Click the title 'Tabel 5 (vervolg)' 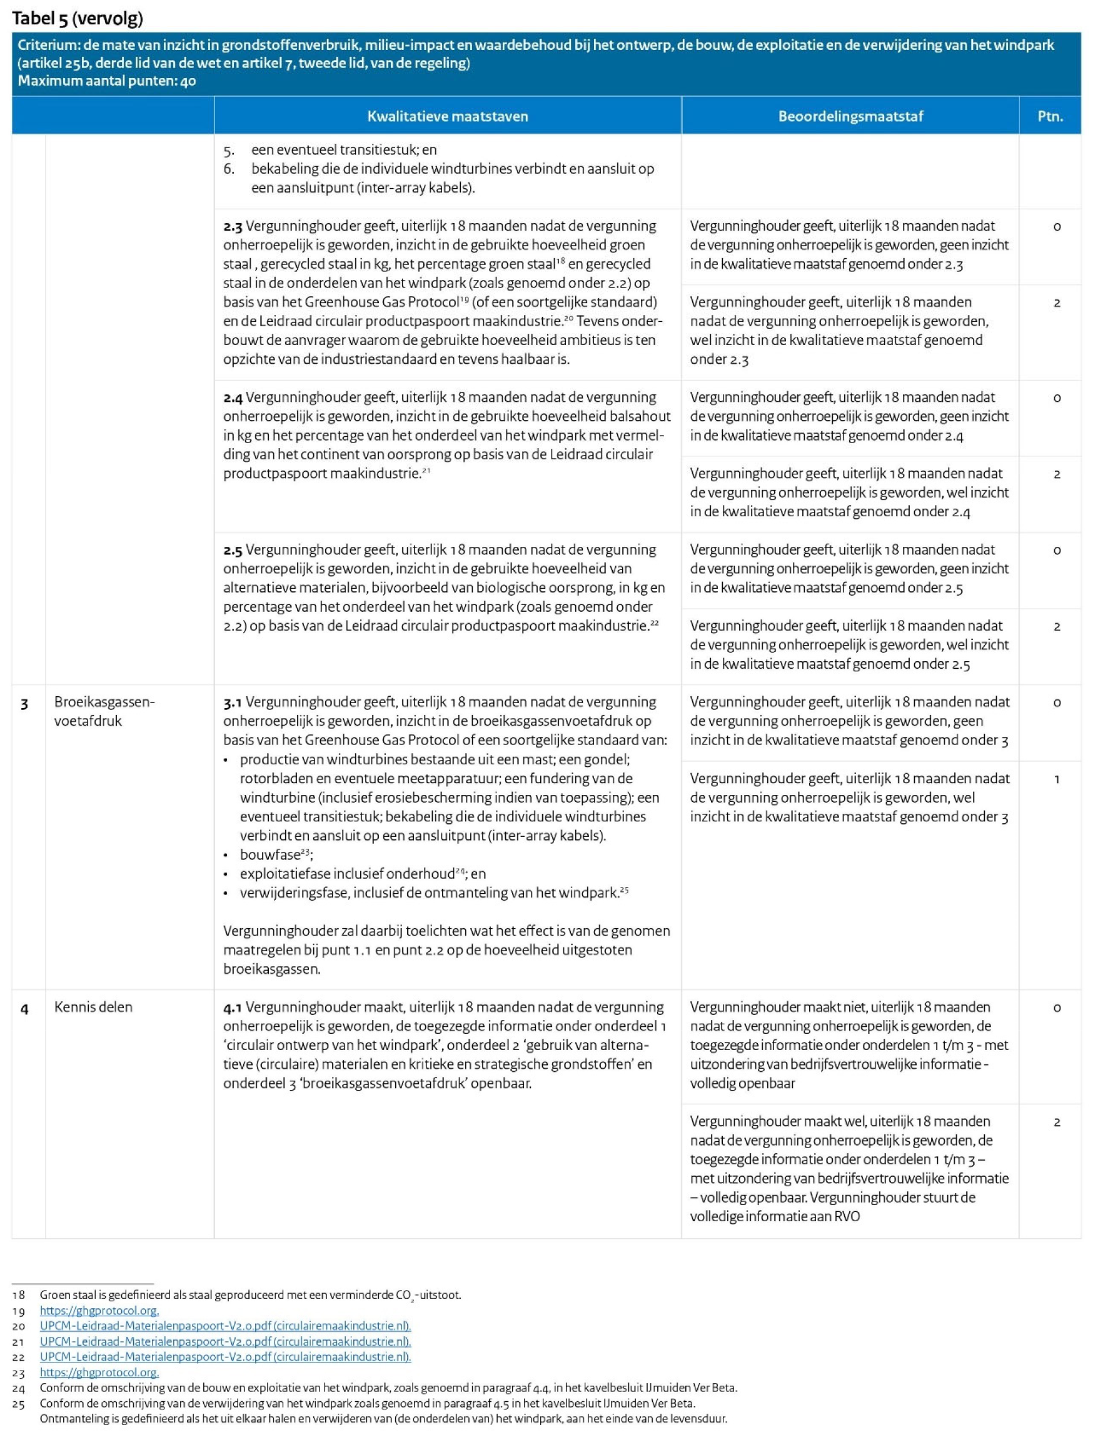(x=78, y=18)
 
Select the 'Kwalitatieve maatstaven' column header (x=448, y=116)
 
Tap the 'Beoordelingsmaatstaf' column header (x=850, y=116)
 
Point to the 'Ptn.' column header (x=1050, y=116)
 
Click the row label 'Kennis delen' (x=93, y=1007)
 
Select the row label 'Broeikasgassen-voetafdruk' (x=104, y=711)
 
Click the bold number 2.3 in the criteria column (x=232, y=226)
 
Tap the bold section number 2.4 (x=232, y=397)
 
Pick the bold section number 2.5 (x=232, y=550)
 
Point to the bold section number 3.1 (x=232, y=702)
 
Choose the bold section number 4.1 (x=232, y=1007)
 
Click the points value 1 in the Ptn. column (x=1057, y=779)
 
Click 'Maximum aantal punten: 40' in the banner (x=107, y=81)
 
